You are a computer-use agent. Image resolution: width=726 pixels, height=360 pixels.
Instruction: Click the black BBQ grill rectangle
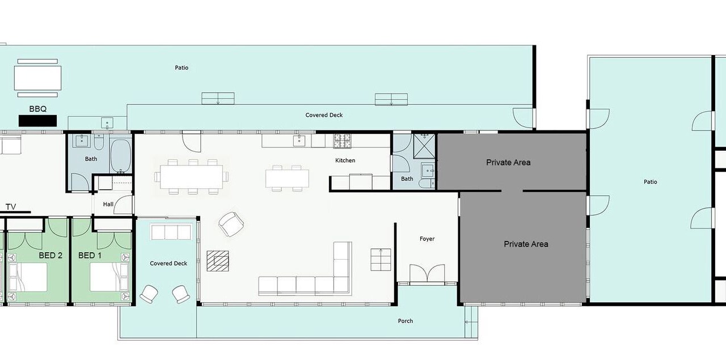(37, 121)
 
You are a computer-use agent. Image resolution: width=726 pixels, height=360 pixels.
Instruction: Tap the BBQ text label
(38, 109)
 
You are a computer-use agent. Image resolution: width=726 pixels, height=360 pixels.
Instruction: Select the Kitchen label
(345, 160)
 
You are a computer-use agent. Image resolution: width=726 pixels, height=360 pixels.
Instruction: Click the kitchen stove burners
(343, 141)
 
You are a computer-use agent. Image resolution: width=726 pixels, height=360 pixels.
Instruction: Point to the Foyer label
(427, 239)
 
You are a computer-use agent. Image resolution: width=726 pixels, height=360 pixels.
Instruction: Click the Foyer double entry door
(427, 273)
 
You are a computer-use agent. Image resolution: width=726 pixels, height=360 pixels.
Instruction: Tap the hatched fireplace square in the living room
(218, 261)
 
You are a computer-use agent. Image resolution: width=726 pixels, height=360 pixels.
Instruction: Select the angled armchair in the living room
(231, 225)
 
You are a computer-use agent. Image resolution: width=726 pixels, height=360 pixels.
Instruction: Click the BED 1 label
(90, 255)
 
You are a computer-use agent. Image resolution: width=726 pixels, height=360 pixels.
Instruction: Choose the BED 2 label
(50, 255)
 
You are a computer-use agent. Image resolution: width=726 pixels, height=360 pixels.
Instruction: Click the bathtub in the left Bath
(121, 156)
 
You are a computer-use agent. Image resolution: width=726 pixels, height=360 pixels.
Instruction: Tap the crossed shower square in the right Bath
(424, 146)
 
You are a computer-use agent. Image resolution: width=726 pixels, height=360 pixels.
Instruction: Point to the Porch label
(406, 321)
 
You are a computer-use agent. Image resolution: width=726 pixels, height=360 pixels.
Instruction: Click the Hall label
(108, 204)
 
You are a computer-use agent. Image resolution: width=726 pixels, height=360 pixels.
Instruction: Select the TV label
(11, 207)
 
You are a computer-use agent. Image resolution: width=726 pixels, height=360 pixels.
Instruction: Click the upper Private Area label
(508, 162)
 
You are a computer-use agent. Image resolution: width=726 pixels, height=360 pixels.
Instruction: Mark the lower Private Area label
(526, 244)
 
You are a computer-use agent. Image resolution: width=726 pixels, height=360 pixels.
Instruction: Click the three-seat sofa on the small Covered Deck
(171, 232)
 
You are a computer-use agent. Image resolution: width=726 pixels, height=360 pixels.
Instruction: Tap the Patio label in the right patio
(650, 182)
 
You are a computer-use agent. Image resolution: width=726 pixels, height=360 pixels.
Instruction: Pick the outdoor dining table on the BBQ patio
(37, 78)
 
